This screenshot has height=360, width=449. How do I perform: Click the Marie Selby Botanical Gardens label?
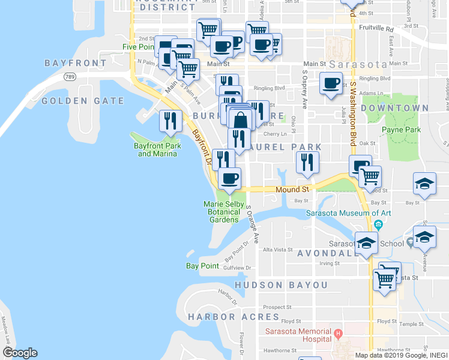223,212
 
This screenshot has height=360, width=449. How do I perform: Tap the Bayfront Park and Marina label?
157,149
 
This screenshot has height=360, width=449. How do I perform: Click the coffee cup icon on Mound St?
229,178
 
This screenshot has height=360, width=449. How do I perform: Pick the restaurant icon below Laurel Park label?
307,162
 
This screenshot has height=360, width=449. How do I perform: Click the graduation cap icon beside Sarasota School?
366,243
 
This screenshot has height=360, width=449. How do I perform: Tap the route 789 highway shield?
70,76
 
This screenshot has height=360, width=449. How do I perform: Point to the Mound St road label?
288,190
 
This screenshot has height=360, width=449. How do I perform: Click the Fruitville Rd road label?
377,28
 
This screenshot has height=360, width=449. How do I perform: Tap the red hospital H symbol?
339,333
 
